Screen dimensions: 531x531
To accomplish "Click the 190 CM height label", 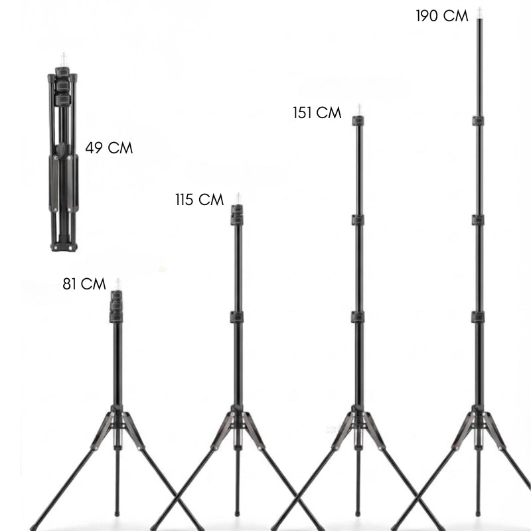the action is pos(442,16).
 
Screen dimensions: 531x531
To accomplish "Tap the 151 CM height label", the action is pos(317,113).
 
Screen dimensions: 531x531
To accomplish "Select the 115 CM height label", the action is pos(200,200).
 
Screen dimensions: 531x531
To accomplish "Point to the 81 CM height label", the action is pos(84,284).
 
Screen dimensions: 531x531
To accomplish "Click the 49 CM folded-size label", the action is pos(109,148).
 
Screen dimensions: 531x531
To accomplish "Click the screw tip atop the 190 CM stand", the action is pos(479,13).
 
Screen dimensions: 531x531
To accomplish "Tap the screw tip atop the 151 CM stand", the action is pos(359,110).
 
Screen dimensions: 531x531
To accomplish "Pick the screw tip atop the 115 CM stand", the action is pos(238,198).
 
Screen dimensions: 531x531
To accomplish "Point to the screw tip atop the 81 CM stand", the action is pos(118,285).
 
